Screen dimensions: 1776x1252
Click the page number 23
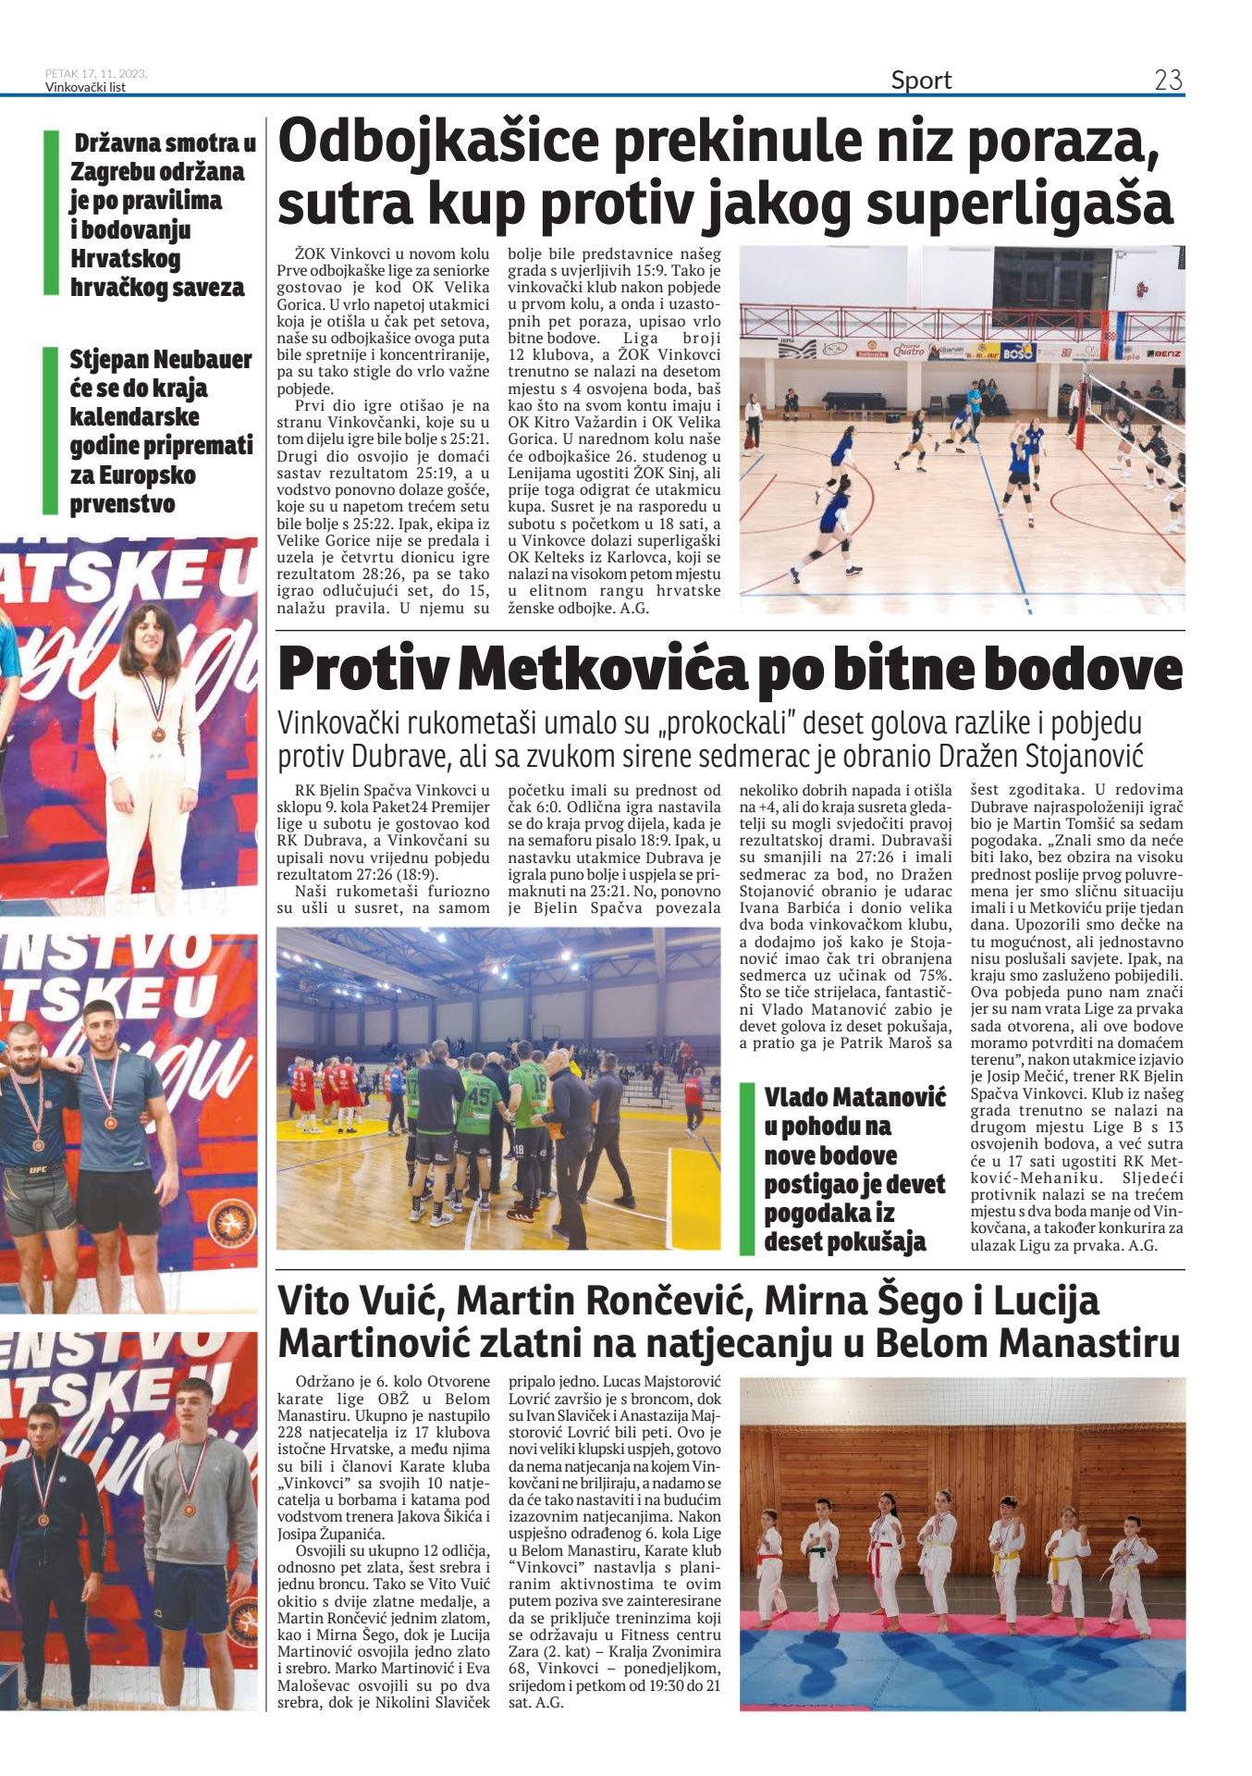1168,80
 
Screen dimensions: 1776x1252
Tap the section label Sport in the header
921,80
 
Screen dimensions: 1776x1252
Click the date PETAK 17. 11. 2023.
96,74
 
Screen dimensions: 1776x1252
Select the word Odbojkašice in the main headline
434,142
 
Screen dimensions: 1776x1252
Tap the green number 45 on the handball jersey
478,1094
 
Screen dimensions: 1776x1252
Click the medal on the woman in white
157,734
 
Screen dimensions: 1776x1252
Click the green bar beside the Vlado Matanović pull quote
747,1168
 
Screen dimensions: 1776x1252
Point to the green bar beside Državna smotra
51,214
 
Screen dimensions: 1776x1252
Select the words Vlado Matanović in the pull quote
855,1097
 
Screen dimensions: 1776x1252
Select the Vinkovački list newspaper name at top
85,88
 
